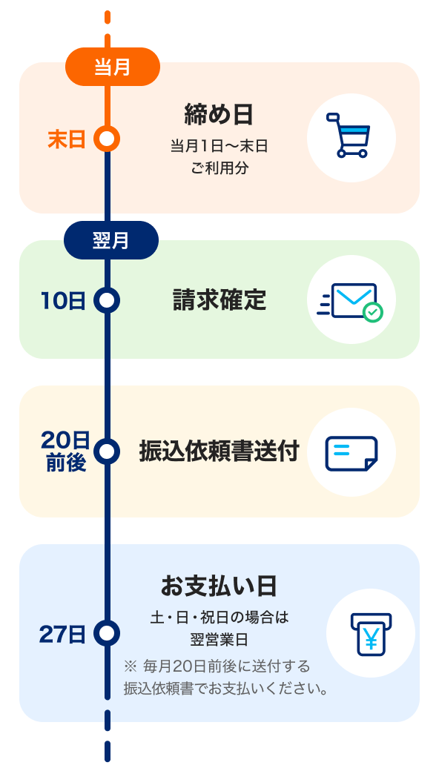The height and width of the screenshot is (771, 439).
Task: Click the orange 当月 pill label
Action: [112, 67]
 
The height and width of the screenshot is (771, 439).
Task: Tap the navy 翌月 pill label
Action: [111, 240]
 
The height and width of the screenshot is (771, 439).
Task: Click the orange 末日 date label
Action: [67, 139]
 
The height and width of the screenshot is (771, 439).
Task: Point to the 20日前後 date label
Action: [65, 451]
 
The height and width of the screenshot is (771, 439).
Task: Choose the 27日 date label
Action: [62, 634]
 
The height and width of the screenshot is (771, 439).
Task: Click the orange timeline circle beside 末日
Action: [108, 139]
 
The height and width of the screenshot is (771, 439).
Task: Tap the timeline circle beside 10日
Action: [108, 300]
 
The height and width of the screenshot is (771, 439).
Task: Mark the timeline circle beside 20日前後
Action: [108, 451]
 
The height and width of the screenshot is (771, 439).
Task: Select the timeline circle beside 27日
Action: [108, 633]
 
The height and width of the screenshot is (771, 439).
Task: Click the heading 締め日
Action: [219, 115]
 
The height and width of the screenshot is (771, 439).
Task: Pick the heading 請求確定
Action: [219, 300]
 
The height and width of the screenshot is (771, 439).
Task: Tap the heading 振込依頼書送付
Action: [219, 451]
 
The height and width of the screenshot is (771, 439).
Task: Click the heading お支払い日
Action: [219, 586]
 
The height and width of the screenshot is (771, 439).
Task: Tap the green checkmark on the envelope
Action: [373, 313]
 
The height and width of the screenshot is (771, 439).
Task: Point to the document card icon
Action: [351, 452]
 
